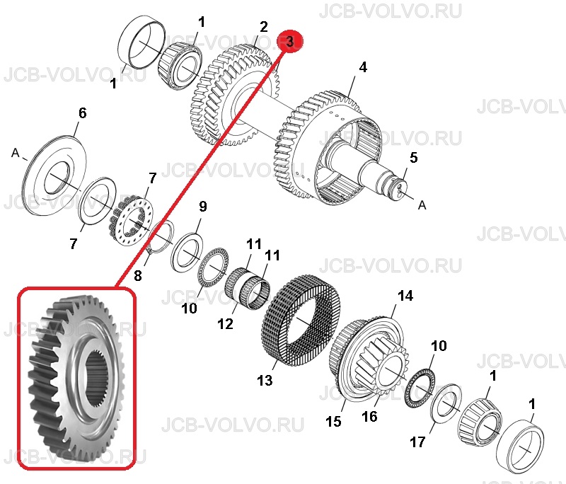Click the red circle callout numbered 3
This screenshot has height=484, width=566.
coord(290,42)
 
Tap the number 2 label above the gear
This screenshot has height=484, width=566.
coord(264,27)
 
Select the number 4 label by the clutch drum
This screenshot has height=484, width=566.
coord(363,67)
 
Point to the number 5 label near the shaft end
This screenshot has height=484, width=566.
coord(414,157)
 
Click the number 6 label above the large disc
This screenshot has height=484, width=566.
coord(83,113)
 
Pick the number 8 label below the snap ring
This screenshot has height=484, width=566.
coord(137,276)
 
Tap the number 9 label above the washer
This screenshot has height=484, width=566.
coord(203,207)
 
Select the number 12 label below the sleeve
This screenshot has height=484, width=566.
coord(225,324)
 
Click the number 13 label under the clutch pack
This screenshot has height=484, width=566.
coord(265,380)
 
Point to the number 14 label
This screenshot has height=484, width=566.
coord(405,296)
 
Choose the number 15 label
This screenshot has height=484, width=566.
coord(333,421)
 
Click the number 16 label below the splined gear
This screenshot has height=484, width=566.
coord(369,416)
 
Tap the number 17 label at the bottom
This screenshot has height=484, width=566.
coord(417,442)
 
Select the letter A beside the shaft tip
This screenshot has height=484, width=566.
coord(422,205)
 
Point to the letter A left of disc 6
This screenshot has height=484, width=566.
coord(15,153)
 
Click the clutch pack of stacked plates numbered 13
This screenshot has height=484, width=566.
coord(301,316)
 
